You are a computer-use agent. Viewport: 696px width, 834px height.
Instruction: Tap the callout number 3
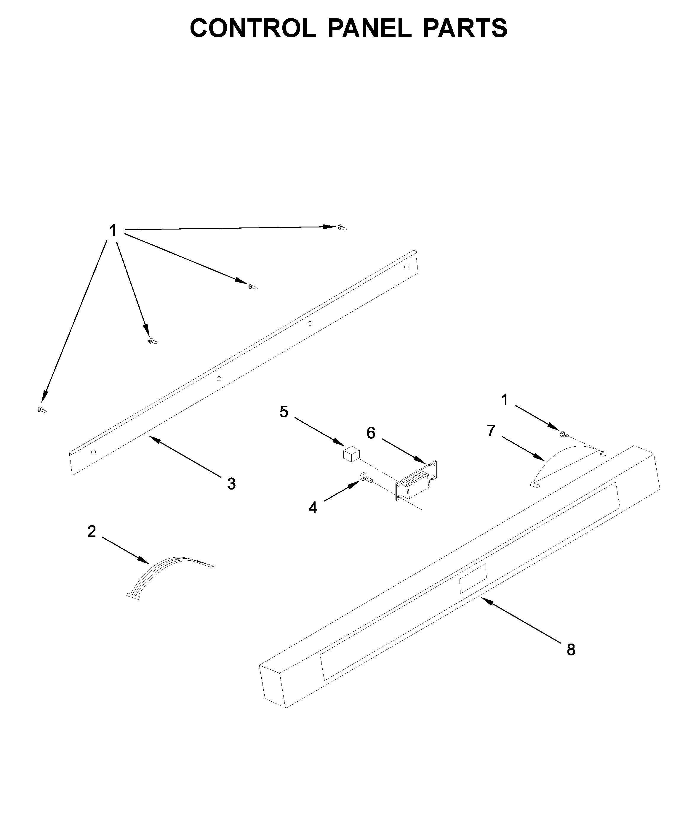point(231,484)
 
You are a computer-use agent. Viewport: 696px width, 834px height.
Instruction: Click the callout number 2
point(92,531)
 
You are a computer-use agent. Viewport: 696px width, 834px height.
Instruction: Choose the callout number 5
point(284,412)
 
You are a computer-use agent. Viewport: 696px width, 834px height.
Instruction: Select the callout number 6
point(371,433)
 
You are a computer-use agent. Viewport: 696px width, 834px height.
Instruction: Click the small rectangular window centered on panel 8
point(473,579)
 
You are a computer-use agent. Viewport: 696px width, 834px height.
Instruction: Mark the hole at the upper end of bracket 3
point(407,267)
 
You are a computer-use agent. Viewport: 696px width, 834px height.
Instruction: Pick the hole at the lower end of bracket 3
point(93,452)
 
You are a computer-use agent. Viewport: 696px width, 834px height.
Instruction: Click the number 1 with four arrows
point(113,230)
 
